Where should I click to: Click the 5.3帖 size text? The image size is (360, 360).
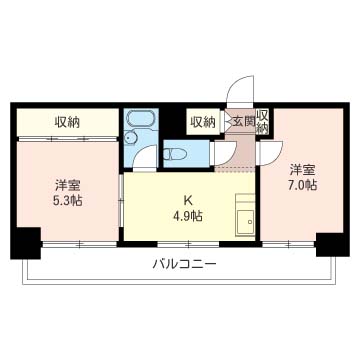[x=68, y=199]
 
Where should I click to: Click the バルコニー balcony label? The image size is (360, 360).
[x=182, y=264]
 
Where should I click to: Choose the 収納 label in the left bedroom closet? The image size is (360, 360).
[x=68, y=122]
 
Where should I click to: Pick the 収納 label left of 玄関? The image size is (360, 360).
[x=203, y=122]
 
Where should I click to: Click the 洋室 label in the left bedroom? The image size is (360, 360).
[x=68, y=183]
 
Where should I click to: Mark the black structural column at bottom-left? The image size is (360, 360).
[x=25, y=242]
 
